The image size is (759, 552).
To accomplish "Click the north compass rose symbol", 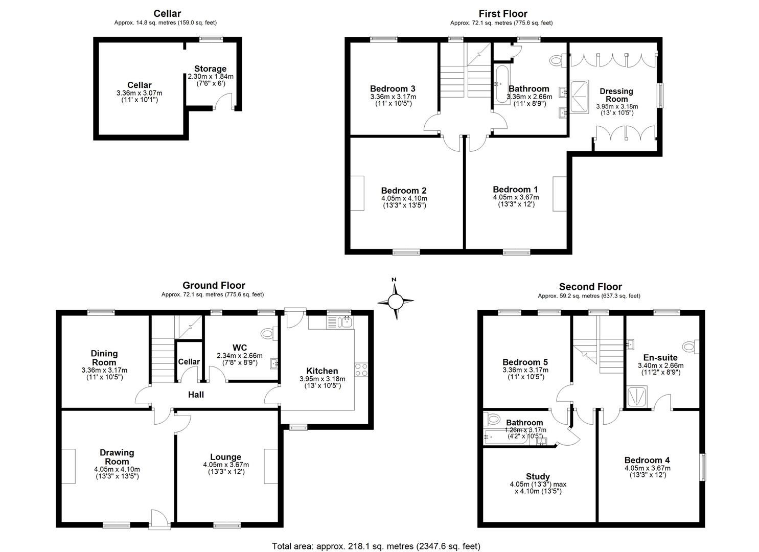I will [395, 301].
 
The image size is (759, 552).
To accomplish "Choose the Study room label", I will [538, 476].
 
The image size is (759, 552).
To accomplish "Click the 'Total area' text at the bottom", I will [376, 546].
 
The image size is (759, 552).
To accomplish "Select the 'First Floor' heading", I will [503, 14].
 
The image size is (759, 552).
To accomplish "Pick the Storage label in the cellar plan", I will [210, 69].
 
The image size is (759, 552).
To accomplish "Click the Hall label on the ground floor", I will [196, 395].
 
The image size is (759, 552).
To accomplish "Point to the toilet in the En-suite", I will [691, 347].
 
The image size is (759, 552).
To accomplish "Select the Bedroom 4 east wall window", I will [703, 467].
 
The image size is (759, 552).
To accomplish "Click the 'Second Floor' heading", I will [590, 287].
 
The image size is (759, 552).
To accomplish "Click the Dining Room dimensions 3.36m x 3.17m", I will [104, 371].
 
